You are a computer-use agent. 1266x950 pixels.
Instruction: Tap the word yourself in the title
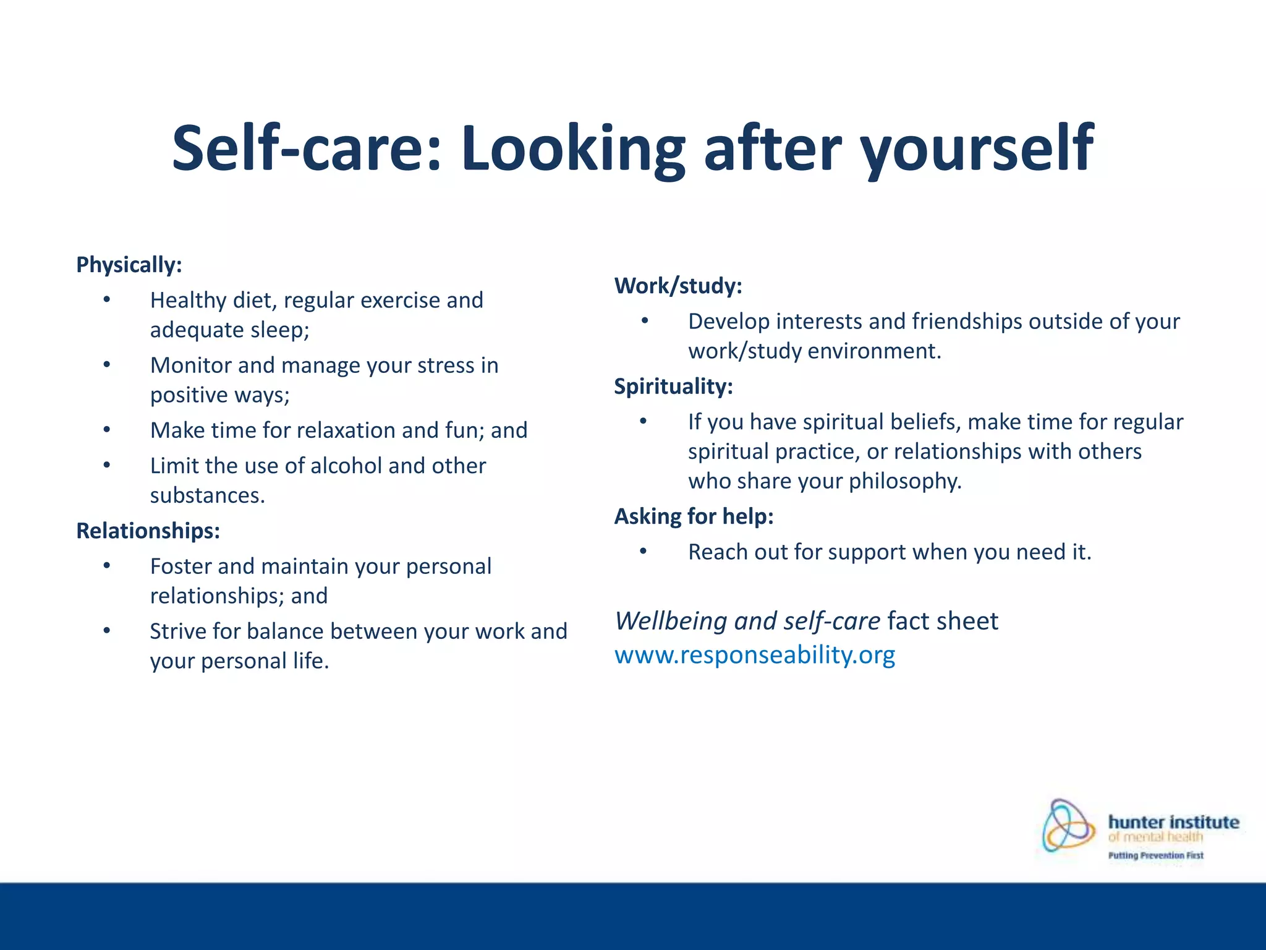[977, 148]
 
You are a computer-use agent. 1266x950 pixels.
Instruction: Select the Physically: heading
[129, 265]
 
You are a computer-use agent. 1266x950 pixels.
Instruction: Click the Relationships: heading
[148, 531]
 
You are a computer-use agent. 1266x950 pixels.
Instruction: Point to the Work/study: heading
[678, 286]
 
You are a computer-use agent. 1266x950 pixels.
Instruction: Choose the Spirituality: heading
[673, 387]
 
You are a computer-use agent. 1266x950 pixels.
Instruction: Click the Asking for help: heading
[694, 516]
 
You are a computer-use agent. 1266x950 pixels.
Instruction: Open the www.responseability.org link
[754, 654]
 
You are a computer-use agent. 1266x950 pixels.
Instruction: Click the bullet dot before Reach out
[644, 551]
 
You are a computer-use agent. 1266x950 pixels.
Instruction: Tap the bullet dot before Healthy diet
[106, 300]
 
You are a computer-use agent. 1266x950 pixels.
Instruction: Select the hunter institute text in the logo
[1173, 822]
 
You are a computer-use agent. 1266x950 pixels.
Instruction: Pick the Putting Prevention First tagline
[1155, 855]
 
